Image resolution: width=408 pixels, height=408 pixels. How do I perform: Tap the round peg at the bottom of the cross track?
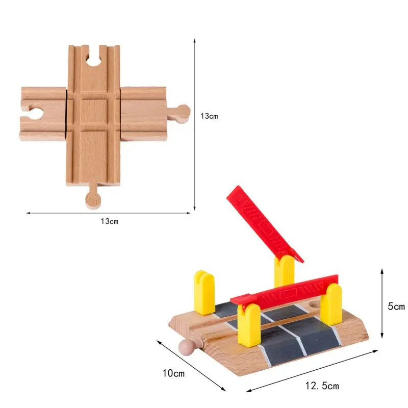(x=92, y=198)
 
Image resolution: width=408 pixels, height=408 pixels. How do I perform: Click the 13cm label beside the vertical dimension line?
(x=209, y=116)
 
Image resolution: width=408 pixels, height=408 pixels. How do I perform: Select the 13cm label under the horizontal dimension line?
(x=110, y=221)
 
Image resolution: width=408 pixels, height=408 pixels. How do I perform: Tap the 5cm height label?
(x=396, y=307)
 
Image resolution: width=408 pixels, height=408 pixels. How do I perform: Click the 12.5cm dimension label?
(x=323, y=386)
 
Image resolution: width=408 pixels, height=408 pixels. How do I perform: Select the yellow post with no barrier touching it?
(x=203, y=292)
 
